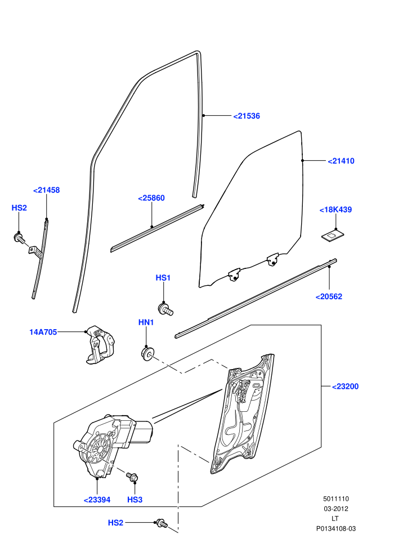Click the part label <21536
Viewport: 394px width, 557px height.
pos(247,116)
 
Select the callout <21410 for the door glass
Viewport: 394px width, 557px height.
pos(341,161)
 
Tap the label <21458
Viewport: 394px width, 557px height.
pos(47,190)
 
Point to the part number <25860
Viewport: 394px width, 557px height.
pos(151,198)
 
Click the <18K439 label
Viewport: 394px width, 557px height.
pos(335,210)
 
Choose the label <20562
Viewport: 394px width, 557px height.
pos(329,297)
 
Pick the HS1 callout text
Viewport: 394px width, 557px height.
pos(163,278)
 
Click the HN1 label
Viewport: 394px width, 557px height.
pos(146,322)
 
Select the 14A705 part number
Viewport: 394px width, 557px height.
pos(43,332)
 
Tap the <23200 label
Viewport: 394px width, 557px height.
pos(346,387)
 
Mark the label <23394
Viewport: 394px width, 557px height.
pos(97,500)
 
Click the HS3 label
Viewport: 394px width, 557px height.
pos(135,500)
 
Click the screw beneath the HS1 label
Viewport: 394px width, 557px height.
pos(165,308)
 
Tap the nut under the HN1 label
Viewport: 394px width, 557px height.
pos(147,354)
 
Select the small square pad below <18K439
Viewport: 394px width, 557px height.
pos(333,235)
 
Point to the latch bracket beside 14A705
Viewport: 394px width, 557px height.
pos(100,344)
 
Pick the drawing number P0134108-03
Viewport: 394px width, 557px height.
pos(336,528)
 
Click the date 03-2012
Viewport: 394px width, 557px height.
pos(335,509)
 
